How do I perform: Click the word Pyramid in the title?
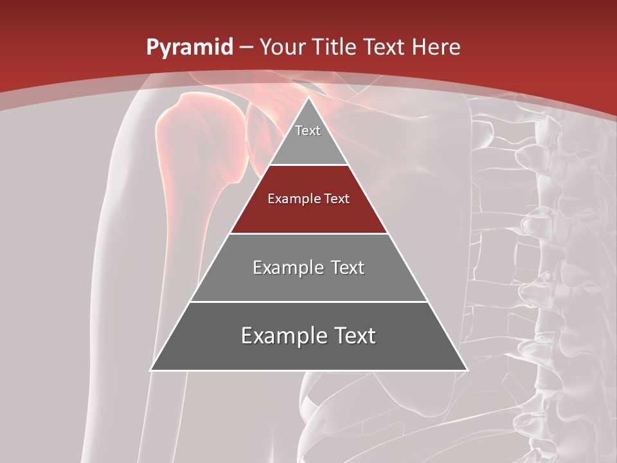pyautogui.click(x=189, y=48)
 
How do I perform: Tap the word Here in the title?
pyautogui.click(x=436, y=48)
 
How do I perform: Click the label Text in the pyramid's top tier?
pyautogui.click(x=308, y=131)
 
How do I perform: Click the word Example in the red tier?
pyautogui.click(x=291, y=199)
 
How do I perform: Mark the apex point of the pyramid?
pyautogui.click(x=308, y=98)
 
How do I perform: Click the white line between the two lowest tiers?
pyautogui.click(x=308, y=302)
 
